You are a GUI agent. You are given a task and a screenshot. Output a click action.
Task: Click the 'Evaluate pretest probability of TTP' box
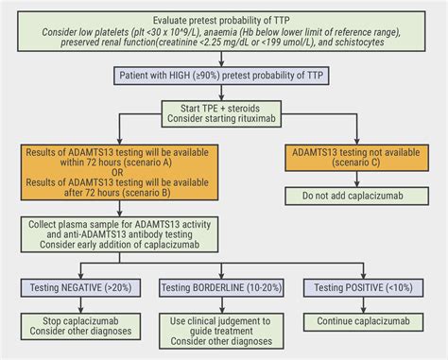click(224, 38)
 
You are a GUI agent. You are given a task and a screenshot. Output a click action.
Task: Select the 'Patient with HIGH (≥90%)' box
click(224, 77)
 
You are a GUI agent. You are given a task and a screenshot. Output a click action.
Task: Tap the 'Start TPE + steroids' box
click(224, 117)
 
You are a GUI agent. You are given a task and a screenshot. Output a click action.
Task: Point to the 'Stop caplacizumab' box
click(80, 327)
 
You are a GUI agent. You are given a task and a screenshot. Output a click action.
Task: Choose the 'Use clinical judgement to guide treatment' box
click(224, 332)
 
